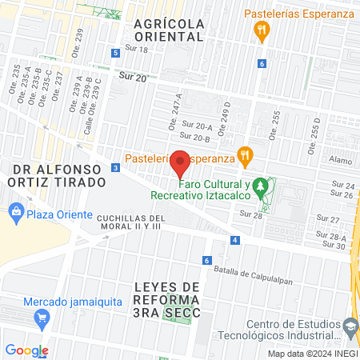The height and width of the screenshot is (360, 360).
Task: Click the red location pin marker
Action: tap(180, 162)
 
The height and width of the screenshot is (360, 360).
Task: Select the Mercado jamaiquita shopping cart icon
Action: tap(42, 318)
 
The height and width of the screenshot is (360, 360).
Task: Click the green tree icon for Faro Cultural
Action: tap(260, 189)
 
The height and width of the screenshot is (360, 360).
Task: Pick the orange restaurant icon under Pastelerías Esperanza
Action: tap(261, 32)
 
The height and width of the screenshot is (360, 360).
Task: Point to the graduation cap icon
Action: tap(350, 326)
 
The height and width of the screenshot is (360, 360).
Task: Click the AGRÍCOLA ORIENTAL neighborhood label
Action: tap(169, 30)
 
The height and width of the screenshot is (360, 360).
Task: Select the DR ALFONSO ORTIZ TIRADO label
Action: tap(59, 175)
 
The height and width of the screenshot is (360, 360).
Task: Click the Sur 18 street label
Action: tap(138, 50)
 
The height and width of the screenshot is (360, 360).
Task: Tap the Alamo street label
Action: tap(341, 160)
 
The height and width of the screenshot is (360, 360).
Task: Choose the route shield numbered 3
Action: tap(116, 167)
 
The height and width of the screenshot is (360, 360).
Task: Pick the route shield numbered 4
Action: tap(234, 240)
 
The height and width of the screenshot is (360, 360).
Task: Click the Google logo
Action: tap(26, 350)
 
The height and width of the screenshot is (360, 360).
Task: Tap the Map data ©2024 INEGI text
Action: tap(312, 354)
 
